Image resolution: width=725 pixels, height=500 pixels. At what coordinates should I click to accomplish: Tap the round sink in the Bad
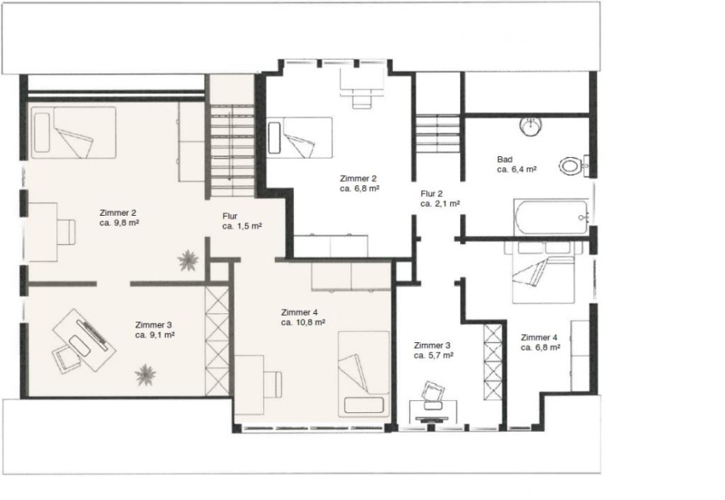click(530, 126)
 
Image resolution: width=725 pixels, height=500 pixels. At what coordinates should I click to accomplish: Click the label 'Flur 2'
click(432, 194)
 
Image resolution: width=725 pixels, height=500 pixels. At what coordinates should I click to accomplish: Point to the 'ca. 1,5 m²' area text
click(242, 226)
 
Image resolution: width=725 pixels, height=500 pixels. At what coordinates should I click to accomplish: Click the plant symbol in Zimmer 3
click(145, 374)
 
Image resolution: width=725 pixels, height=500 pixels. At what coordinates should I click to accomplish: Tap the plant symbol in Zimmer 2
click(188, 260)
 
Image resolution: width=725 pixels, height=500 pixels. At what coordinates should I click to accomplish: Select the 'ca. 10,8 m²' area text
click(303, 323)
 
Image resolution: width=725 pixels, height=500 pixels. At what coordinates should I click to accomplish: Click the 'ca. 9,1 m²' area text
click(155, 335)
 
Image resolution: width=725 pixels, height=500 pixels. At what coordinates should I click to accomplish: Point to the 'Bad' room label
click(504, 159)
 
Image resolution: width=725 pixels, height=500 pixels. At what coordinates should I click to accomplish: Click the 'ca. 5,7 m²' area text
click(433, 355)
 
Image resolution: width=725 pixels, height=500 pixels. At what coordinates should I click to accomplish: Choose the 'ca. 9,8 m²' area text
click(120, 223)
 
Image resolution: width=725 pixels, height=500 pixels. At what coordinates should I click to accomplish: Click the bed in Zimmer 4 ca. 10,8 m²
click(363, 374)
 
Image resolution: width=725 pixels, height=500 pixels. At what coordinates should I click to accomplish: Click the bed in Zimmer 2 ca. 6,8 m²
click(300, 137)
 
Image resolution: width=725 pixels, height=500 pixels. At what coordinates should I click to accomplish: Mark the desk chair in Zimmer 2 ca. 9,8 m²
click(66, 232)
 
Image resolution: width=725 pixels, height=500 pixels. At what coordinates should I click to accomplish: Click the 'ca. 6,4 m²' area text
click(517, 170)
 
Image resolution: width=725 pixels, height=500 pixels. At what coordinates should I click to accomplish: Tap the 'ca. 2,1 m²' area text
click(440, 204)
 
